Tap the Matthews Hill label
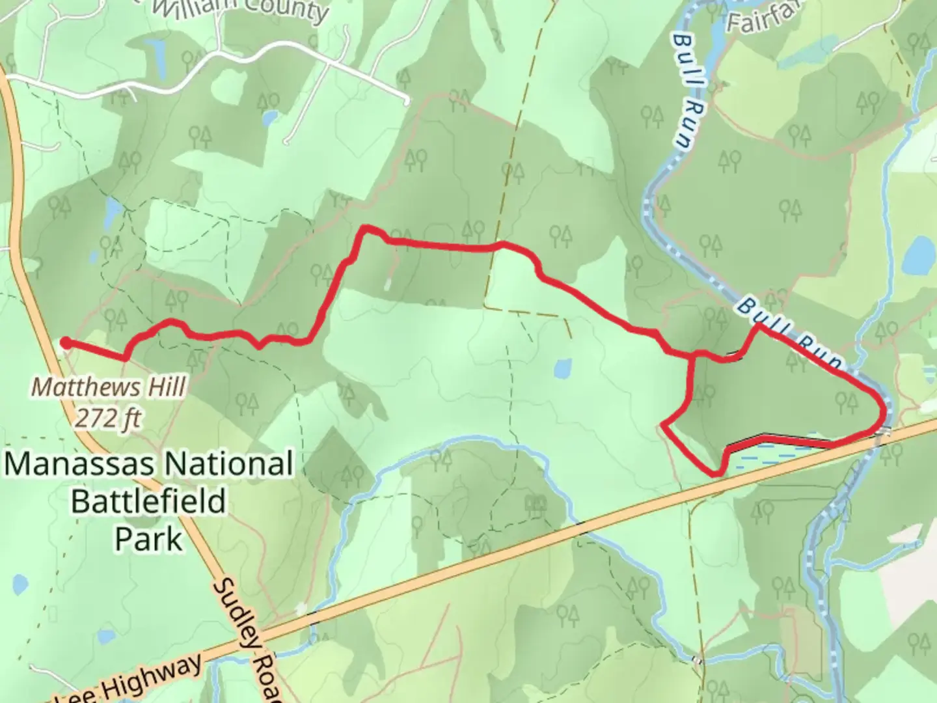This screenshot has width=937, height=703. tap(109, 387)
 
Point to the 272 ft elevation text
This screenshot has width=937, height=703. tap(108, 418)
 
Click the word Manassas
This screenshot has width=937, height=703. tap(79, 465)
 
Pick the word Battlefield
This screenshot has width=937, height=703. tap(148, 502)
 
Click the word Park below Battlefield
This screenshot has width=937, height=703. tap(148, 539)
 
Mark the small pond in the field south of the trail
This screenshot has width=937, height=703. tap(563, 368)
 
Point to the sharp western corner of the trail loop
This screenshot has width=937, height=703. tap(663, 425)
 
